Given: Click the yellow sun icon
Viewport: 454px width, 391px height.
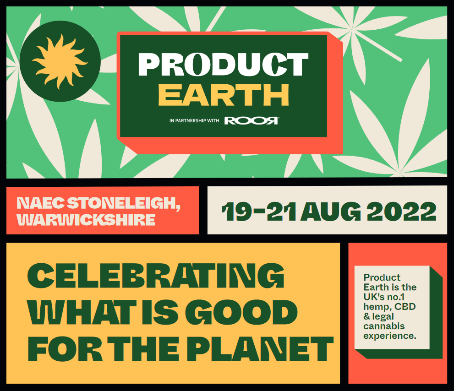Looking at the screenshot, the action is tap(60, 61).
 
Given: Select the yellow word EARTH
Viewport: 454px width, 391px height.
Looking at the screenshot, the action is tap(224, 95).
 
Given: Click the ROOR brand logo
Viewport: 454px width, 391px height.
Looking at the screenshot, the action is tap(252, 120).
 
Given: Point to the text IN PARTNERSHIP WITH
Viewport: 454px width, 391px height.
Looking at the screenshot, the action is tap(194, 121).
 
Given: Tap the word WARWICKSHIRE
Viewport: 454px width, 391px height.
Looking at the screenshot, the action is tap(86, 220).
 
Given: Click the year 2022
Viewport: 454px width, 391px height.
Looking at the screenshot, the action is tap(401, 212).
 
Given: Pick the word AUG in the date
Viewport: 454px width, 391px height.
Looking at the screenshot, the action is tap(331, 212).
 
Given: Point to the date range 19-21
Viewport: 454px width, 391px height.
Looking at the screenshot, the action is tap(259, 212).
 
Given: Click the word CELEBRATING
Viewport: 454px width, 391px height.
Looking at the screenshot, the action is tap(155, 276).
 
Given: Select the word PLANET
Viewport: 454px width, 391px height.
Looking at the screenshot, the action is tap(260, 349).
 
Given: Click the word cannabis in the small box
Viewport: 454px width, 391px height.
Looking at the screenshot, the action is tap(384, 326).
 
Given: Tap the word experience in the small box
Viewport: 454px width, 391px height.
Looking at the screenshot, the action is tap(390, 336).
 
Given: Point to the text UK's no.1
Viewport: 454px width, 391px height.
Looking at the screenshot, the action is tap(384, 297).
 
